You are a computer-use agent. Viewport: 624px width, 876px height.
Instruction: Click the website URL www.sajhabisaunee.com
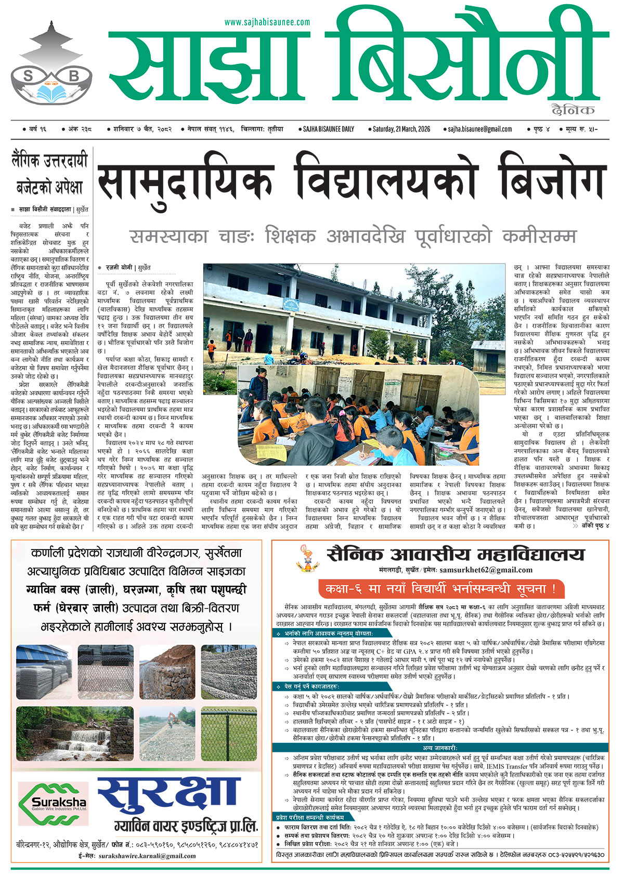[267, 22]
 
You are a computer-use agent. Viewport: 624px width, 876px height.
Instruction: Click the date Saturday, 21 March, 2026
[401, 129]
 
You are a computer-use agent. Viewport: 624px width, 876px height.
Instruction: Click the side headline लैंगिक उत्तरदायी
[50, 161]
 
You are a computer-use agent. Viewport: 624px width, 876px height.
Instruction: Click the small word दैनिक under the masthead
[574, 110]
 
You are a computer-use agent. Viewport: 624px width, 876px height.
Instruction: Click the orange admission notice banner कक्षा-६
[440, 589]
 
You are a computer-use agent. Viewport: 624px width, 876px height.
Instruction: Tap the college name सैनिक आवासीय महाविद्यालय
[456, 555]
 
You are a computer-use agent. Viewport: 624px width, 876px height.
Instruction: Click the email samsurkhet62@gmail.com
[486, 570]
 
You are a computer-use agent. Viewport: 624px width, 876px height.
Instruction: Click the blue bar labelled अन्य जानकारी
[440, 748]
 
